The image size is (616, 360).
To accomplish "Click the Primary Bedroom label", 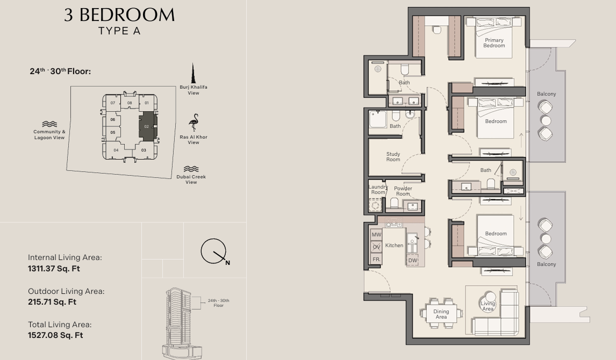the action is pos(494,43).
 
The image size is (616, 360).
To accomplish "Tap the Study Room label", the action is pos(393,157).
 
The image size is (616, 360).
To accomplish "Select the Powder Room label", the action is pos(403,191).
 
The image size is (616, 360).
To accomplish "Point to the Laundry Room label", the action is pos(378,190).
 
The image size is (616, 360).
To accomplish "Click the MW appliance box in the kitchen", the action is pos(376,235).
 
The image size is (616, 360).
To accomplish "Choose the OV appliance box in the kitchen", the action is pos(376,247).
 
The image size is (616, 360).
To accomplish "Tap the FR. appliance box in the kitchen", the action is pos(376,259).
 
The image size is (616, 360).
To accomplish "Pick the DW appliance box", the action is pos(412,260).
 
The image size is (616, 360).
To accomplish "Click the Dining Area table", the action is pos(441,314).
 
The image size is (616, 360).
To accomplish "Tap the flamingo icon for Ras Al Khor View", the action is pos(194,123).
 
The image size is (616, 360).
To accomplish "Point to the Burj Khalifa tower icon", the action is pos(193,73).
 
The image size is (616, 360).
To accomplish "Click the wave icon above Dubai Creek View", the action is pos(191,169).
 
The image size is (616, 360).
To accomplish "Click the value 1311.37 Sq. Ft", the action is pos(54,269).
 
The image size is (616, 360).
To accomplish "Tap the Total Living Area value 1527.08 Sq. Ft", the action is pos(55,335).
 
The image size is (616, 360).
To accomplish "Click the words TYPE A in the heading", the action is pos(119,31).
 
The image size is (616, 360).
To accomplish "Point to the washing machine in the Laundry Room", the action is pos(375,205).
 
